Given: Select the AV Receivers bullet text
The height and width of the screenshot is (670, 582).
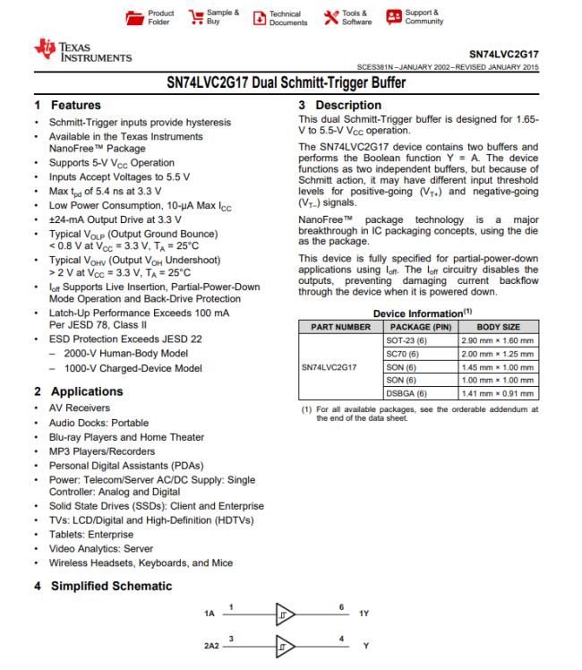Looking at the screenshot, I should coord(66,410).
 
